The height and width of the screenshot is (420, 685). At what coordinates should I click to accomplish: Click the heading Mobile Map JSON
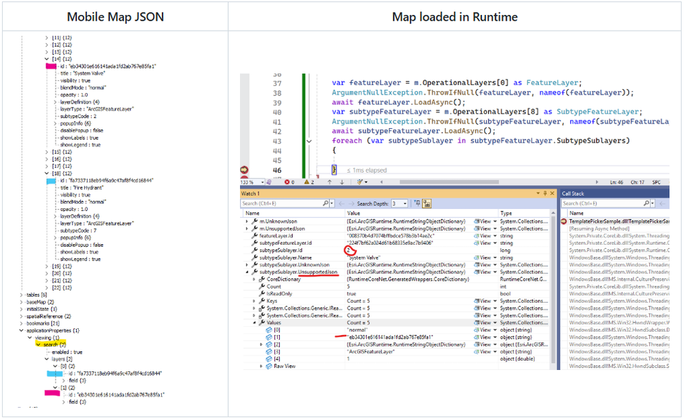tap(115, 16)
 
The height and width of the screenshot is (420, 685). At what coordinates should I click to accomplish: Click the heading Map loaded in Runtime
tap(455, 16)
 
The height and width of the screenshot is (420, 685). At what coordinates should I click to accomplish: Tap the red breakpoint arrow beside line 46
tap(245, 170)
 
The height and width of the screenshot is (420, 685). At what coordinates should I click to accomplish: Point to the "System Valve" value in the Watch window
tap(363, 258)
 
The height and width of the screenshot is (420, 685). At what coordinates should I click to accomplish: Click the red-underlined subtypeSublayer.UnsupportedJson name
tap(298, 272)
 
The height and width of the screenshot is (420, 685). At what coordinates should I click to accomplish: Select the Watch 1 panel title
tap(250, 194)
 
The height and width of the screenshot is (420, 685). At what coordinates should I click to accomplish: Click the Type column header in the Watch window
tap(506, 213)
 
